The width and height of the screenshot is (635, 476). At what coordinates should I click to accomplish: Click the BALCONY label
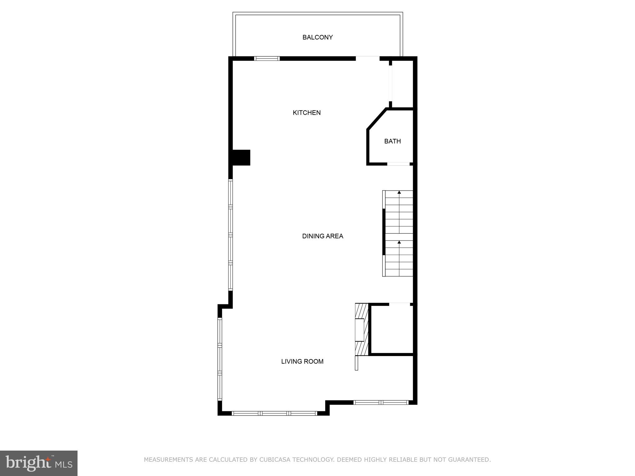click(317, 37)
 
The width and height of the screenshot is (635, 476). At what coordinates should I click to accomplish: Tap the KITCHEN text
click(306, 113)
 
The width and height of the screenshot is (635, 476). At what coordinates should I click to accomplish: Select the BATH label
click(392, 141)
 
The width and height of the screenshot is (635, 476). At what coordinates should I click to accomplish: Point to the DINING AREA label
click(322, 236)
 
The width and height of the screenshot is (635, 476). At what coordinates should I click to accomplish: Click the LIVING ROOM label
click(302, 361)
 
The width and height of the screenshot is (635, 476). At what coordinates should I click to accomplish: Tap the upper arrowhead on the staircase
click(399, 192)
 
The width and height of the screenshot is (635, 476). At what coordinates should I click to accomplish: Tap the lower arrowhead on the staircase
click(399, 242)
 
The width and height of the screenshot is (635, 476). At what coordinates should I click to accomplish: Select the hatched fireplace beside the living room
click(362, 329)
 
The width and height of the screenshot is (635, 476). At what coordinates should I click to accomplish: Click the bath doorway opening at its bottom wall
click(398, 164)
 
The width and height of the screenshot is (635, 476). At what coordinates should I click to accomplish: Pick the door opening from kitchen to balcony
click(367, 58)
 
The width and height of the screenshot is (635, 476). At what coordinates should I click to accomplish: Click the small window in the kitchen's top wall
click(267, 58)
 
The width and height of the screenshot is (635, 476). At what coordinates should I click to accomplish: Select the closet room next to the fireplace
click(392, 329)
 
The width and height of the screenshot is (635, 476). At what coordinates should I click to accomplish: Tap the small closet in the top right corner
click(402, 84)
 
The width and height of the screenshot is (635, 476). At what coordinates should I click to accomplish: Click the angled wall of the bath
click(376, 119)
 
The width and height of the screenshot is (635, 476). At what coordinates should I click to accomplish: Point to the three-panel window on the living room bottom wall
click(274, 413)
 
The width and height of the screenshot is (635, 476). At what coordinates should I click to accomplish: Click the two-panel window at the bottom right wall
click(381, 402)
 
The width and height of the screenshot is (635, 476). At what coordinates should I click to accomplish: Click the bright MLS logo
click(38, 463)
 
